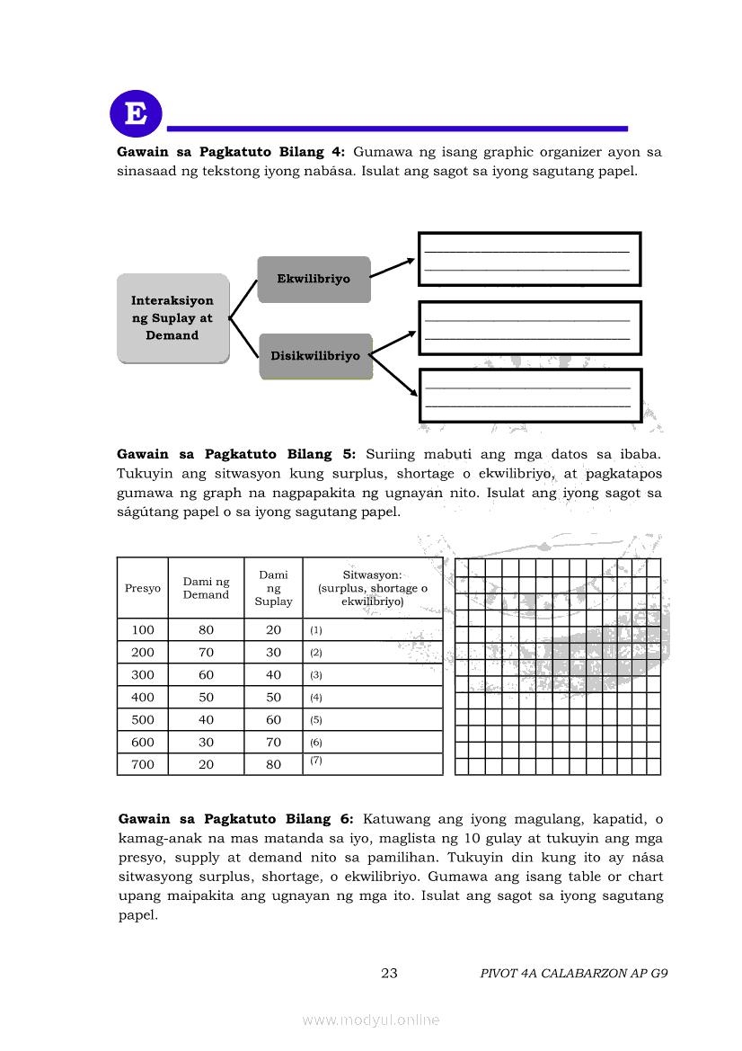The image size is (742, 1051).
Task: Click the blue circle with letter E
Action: point(136,114)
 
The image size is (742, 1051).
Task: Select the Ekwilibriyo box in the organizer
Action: point(314,279)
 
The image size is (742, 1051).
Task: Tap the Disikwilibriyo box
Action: point(315,356)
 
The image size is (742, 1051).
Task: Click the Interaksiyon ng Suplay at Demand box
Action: point(172,318)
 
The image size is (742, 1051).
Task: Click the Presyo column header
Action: point(143,588)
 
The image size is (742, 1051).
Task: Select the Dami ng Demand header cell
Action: point(206,588)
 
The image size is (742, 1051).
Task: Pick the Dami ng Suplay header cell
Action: point(273,588)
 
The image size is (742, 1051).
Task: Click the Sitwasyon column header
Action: point(373,588)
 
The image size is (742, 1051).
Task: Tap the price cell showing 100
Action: point(143,630)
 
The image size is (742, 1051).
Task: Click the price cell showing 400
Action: point(143,698)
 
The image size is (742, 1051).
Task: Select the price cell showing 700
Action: point(143,764)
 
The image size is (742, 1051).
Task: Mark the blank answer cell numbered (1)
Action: point(373,630)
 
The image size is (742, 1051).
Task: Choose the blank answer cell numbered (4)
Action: point(373,698)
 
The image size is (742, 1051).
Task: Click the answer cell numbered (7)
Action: point(373,764)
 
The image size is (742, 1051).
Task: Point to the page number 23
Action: point(389,973)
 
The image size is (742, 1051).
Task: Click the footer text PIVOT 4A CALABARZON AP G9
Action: point(573,973)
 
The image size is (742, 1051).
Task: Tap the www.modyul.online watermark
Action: point(371,1020)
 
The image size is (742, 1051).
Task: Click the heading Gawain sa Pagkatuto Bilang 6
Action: point(236,819)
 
